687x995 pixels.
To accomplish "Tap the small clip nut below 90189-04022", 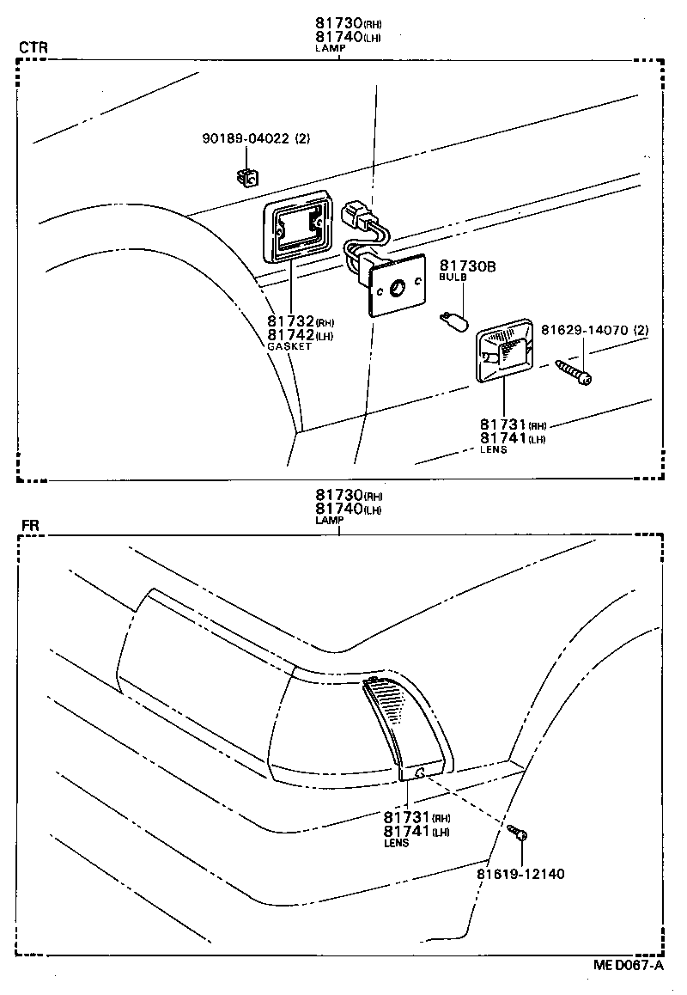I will pos(247,177).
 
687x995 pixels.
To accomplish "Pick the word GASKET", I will pos(289,346).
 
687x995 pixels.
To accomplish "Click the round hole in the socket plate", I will pos(398,289).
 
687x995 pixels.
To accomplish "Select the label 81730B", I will pos(468,266).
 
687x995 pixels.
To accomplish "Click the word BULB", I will pos(453,278).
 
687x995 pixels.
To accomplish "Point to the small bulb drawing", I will pos(453,324).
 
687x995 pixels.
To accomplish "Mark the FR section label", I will pos(28,523).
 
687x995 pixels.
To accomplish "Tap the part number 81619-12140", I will pos(520,874).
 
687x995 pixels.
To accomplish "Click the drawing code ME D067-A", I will pos(629,965).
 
